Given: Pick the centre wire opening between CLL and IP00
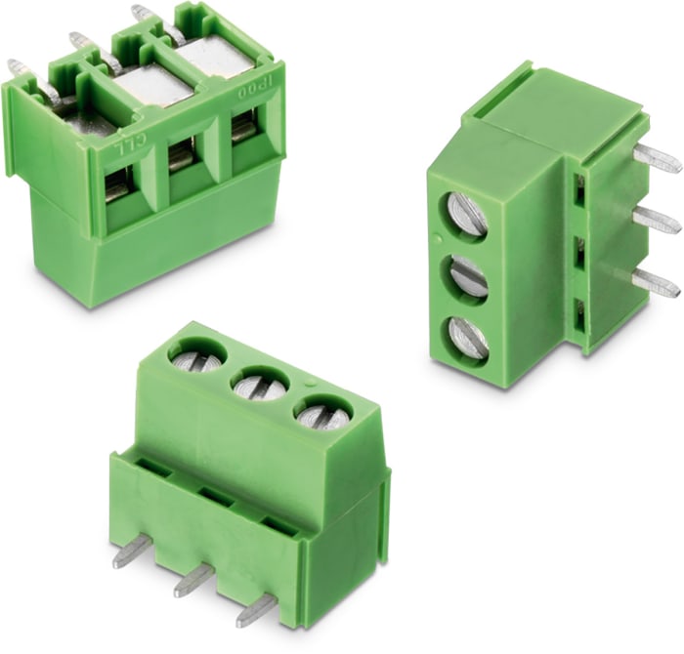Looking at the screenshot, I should tap(182, 156).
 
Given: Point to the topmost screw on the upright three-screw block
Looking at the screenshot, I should tap(466, 215).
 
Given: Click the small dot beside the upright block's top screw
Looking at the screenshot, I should tap(433, 236).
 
